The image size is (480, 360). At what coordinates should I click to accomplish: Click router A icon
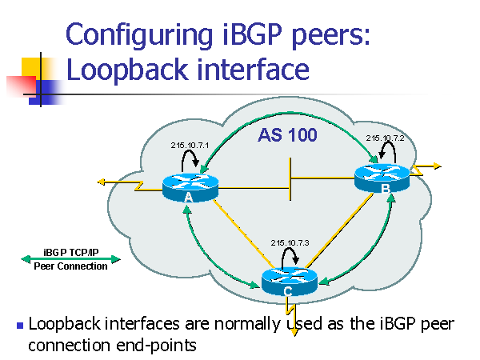tap(190, 187)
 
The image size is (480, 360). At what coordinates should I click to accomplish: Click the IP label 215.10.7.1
tap(190, 146)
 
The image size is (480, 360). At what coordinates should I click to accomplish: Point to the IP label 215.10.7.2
tap(386, 138)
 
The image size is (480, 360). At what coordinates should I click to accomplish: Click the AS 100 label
tap(287, 136)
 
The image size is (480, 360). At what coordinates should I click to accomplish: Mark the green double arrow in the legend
tap(70, 258)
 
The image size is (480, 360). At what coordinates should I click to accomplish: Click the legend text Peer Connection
tap(70, 266)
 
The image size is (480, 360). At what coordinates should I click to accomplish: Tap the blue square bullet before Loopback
tap(20, 326)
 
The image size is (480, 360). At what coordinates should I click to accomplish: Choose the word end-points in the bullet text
tap(163, 346)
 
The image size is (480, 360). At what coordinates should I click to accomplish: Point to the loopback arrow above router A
tap(190, 160)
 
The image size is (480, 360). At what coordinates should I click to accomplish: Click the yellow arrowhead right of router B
tap(435, 166)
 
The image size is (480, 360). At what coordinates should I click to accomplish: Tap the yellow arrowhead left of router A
tap(102, 182)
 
